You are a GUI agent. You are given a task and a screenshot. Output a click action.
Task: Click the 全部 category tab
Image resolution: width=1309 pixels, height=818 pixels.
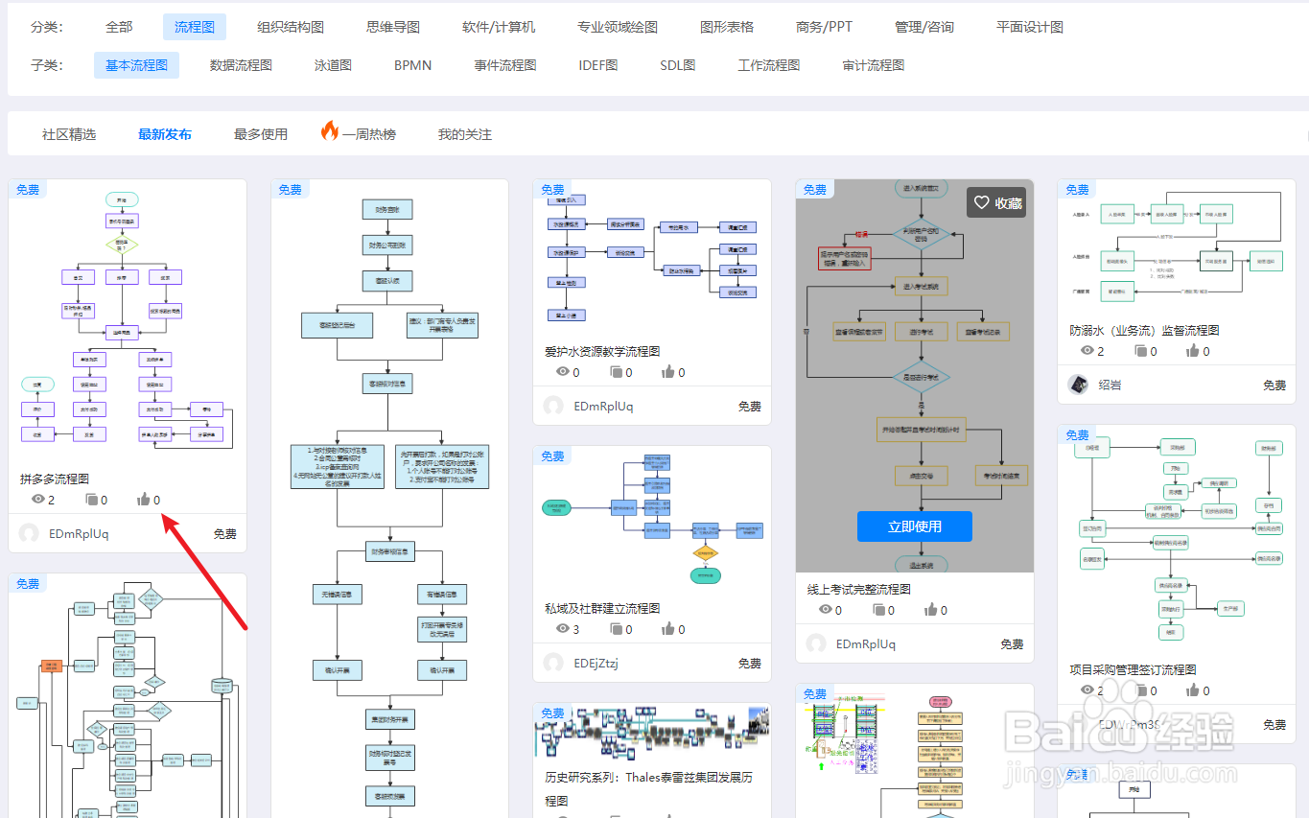tap(119, 27)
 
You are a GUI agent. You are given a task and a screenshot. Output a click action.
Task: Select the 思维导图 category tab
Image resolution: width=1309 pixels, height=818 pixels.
tap(393, 27)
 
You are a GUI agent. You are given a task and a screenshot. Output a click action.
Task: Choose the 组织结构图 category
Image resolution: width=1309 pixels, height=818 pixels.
tap(291, 27)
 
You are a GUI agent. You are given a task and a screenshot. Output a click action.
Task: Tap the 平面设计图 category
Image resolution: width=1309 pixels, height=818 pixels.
tap(1030, 27)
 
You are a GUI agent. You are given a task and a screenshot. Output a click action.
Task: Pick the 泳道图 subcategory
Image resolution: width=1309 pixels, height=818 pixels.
tap(333, 65)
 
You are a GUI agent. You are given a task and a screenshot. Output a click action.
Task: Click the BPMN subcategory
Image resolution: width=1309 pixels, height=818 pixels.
tap(412, 65)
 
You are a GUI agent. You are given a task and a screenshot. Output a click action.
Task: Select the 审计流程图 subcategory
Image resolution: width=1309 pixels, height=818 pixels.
tap(873, 65)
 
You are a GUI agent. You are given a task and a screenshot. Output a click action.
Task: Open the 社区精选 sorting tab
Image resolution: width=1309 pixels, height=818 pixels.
tap(69, 134)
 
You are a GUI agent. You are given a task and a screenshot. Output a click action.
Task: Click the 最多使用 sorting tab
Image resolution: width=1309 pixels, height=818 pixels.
tap(261, 134)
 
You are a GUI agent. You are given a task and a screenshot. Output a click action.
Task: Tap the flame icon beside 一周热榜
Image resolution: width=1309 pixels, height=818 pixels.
tap(329, 131)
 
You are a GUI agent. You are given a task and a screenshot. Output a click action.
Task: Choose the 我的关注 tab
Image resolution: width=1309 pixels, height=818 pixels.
tap(465, 134)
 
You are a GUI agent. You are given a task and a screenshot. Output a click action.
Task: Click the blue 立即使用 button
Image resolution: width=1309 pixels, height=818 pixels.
tap(914, 526)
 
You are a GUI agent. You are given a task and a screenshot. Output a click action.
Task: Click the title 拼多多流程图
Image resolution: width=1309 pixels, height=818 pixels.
tap(55, 479)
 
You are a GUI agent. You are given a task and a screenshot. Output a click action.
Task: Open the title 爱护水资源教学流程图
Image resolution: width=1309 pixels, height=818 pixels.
tap(602, 351)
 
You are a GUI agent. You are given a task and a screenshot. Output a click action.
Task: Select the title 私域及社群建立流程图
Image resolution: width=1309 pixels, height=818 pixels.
tap(602, 608)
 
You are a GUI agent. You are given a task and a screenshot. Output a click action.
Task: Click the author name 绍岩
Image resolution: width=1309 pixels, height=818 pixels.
tap(1110, 385)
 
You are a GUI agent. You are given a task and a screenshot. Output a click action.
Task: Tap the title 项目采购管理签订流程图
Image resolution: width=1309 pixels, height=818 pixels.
tap(1133, 669)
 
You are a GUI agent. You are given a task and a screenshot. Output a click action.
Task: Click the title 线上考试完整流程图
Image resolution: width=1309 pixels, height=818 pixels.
tap(859, 589)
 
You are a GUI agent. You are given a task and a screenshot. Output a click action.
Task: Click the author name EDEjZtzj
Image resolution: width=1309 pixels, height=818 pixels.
tap(596, 663)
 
